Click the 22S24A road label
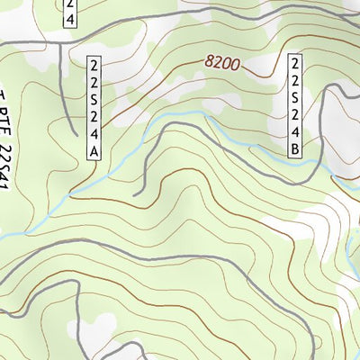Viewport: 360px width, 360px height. (94, 108)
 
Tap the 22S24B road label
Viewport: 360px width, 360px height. (294, 105)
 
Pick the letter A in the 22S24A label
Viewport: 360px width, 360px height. (94, 152)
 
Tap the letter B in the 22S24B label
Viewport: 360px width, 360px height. (294, 149)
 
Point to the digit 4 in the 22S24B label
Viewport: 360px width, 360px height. (294, 132)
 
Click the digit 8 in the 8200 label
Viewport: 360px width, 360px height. (210, 61)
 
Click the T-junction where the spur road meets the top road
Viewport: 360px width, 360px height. (62, 43)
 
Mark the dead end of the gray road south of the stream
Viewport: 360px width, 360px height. (134, 194)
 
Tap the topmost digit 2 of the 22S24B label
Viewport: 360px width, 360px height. (294, 63)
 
